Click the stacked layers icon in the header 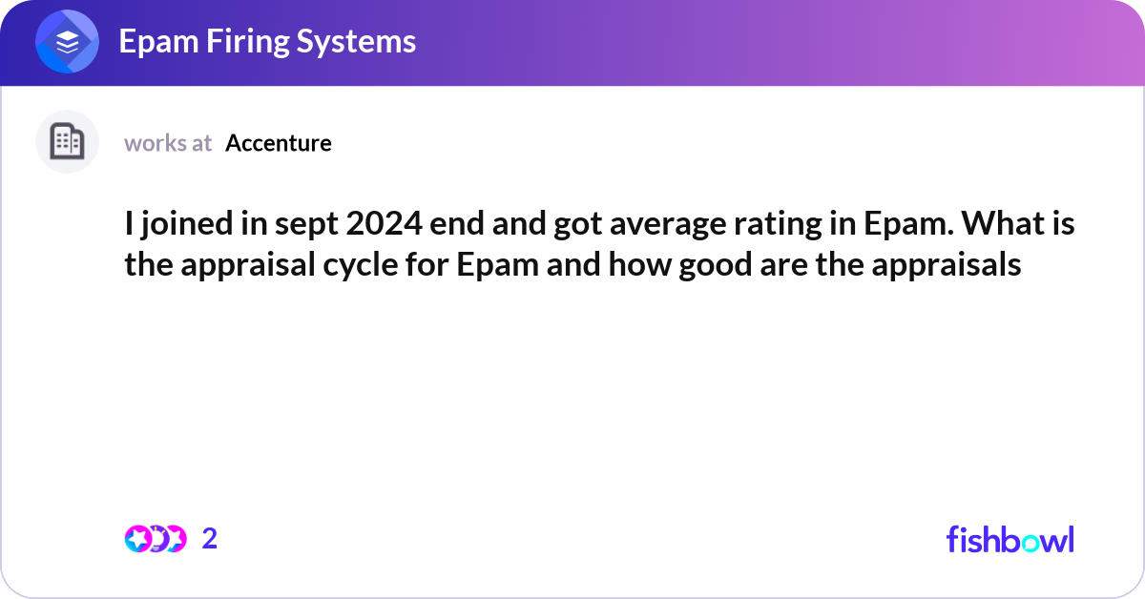(67, 42)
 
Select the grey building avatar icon (67, 142)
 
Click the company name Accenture (279, 143)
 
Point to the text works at (168, 143)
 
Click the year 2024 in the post (375, 226)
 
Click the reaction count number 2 (210, 539)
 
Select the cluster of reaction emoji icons (155, 539)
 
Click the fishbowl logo (1010, 539)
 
